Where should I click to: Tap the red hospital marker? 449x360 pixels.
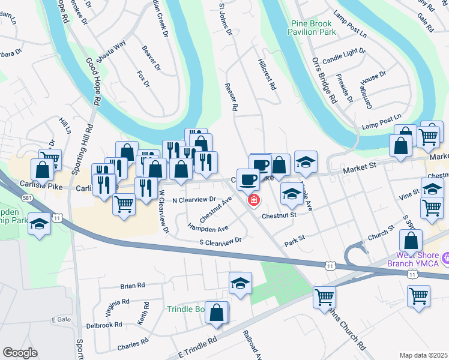(x=254, y=200)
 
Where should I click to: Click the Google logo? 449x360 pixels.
(x=20, y=353)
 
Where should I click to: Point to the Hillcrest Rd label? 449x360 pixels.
(x=267, y=74)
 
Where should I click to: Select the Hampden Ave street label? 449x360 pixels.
(x=208, y=228)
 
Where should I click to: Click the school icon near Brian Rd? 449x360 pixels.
(x=240, y=283)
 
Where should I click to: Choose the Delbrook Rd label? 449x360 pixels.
(x=104, y=325)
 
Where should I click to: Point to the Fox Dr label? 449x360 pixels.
(x=143, y=79)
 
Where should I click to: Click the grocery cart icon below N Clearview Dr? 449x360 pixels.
(x=124, y=204)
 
